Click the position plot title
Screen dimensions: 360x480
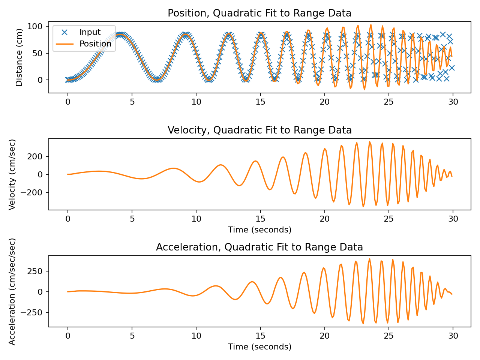259,13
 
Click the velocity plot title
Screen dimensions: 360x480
259,130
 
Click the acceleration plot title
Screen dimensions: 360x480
259,247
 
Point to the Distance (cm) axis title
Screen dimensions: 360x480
19,57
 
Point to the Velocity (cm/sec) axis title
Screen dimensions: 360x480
12,174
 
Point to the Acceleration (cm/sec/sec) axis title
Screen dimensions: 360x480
12,291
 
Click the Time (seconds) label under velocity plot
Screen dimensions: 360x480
259,230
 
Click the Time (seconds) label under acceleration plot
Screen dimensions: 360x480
259,347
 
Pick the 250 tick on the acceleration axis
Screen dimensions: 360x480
37,271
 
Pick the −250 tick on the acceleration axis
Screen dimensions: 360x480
34,312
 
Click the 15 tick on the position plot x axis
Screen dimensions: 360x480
260,102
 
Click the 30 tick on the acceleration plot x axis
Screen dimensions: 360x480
453,336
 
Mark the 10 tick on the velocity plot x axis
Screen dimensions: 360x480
196,219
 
